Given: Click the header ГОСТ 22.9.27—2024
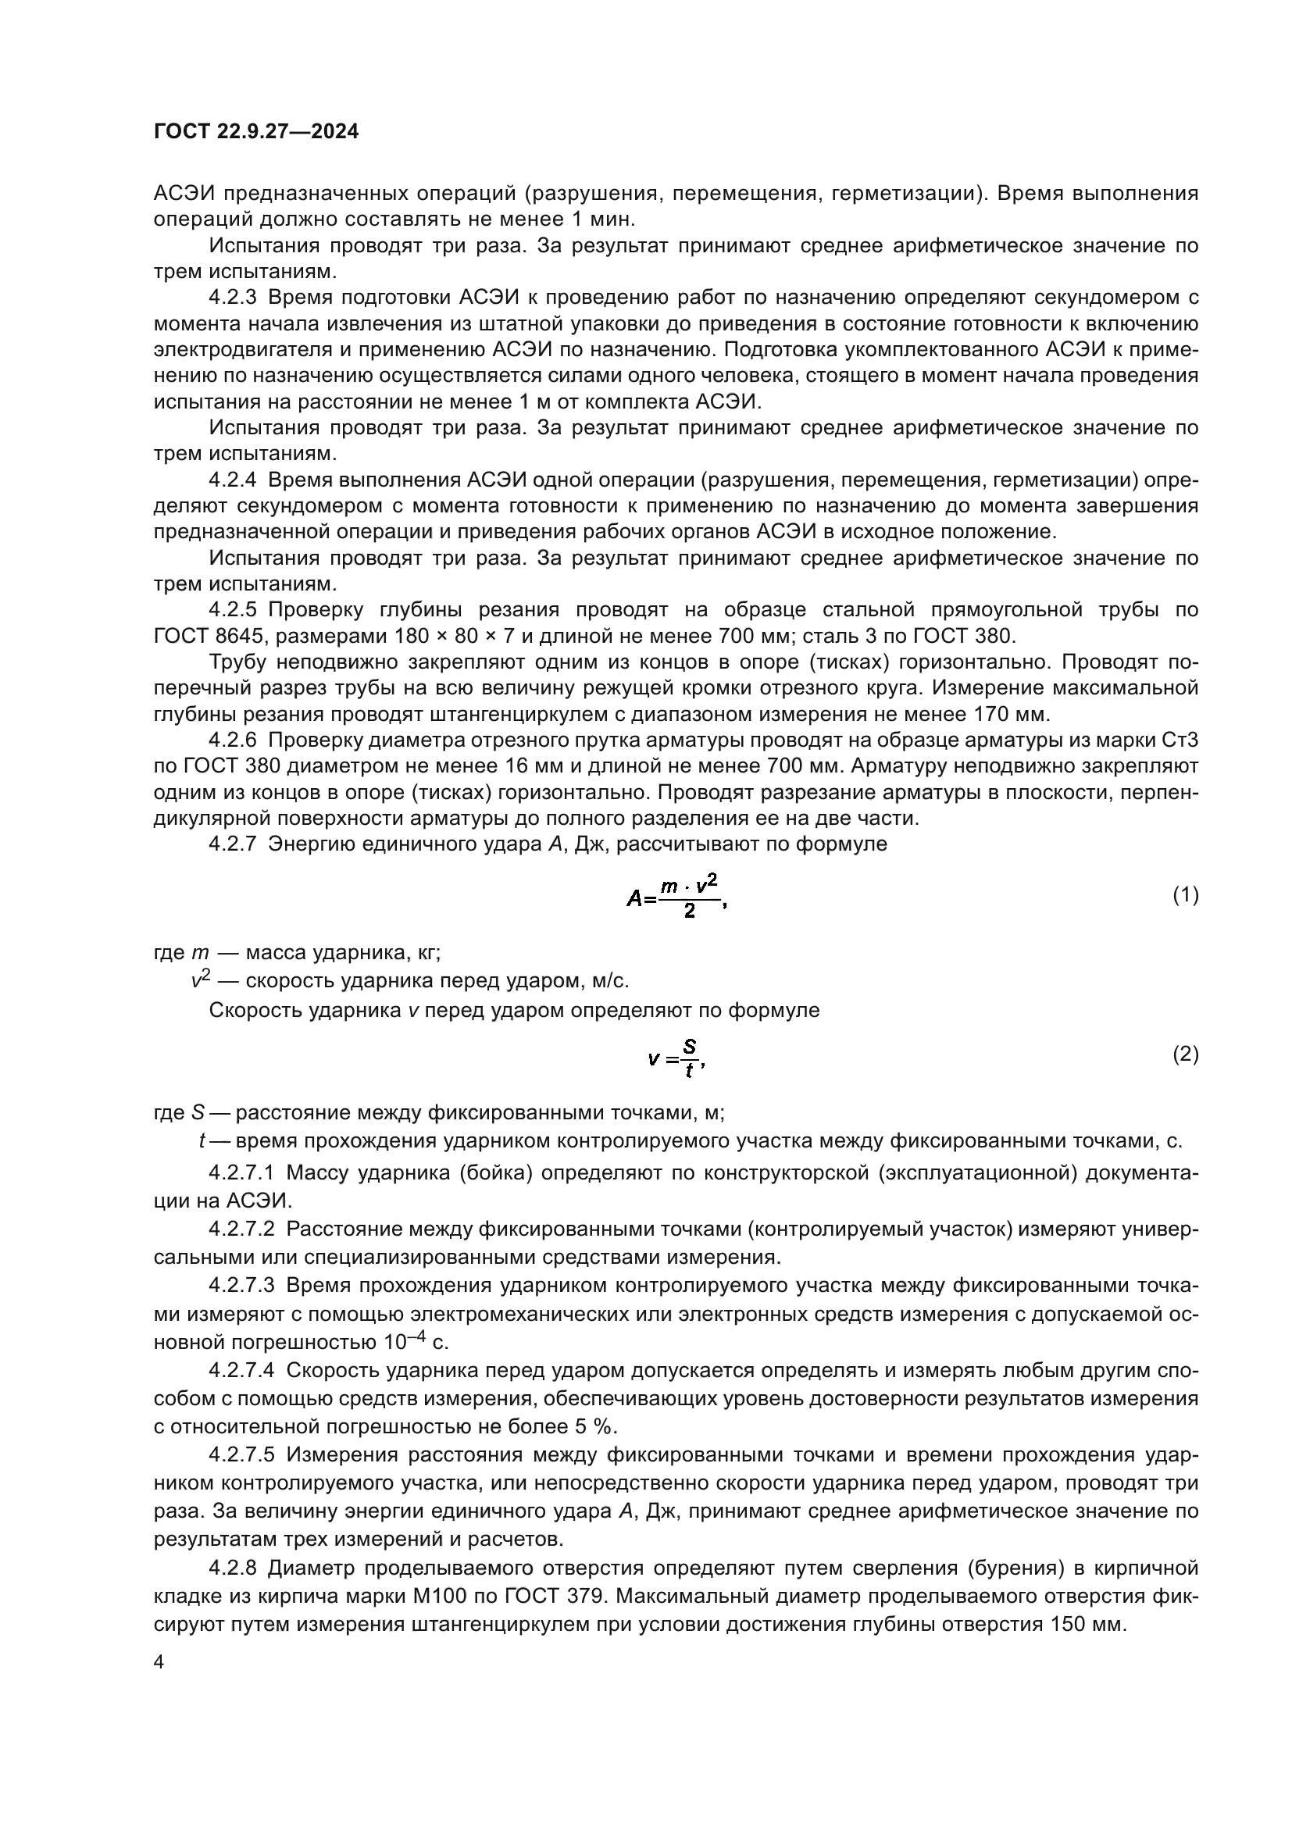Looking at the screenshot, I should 256,131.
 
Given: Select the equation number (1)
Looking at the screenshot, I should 1186,895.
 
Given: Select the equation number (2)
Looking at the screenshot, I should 1186,1054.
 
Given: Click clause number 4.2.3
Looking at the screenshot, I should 233,298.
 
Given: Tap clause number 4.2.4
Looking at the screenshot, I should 233,480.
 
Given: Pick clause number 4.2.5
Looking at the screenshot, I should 233,609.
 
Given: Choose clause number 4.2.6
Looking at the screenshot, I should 233,740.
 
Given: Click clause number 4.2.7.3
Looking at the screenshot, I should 242,1285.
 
